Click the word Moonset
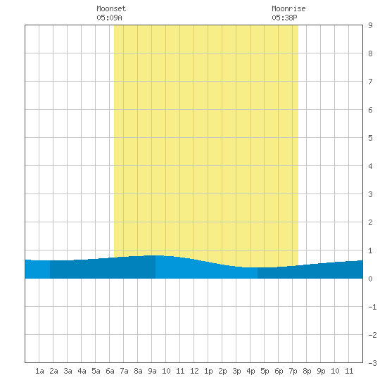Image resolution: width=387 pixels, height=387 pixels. point(111,8)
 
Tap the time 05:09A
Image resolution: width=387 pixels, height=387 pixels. point(109,18)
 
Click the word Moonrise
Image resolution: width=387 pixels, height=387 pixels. point(288,8)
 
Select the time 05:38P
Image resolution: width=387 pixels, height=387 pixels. point(284,18)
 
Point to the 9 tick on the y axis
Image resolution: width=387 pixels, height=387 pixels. point(370,25)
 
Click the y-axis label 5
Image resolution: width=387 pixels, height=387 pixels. point(370,138)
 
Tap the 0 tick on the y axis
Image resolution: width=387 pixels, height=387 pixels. point(370,279)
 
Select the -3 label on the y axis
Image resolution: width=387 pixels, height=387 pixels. point(372,363)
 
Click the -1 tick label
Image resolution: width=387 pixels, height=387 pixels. point(372,307)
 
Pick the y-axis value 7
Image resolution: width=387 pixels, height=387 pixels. point(370,82)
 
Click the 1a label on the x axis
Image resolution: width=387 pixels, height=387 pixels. point(39,371)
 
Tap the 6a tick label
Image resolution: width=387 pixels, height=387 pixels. point(110,371)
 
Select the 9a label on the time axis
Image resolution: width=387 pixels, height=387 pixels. point(152,371)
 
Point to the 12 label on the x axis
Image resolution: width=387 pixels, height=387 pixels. point(194,371)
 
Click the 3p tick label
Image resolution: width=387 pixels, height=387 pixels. point(236,371)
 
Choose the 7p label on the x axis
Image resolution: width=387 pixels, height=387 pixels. point(293,371)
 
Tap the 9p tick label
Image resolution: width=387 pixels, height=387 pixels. point(321,371)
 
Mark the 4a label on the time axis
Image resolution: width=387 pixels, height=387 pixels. point(82,371)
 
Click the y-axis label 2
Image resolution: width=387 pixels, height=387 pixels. point(370,222)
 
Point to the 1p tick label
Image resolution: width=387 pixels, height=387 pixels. point(208,371)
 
